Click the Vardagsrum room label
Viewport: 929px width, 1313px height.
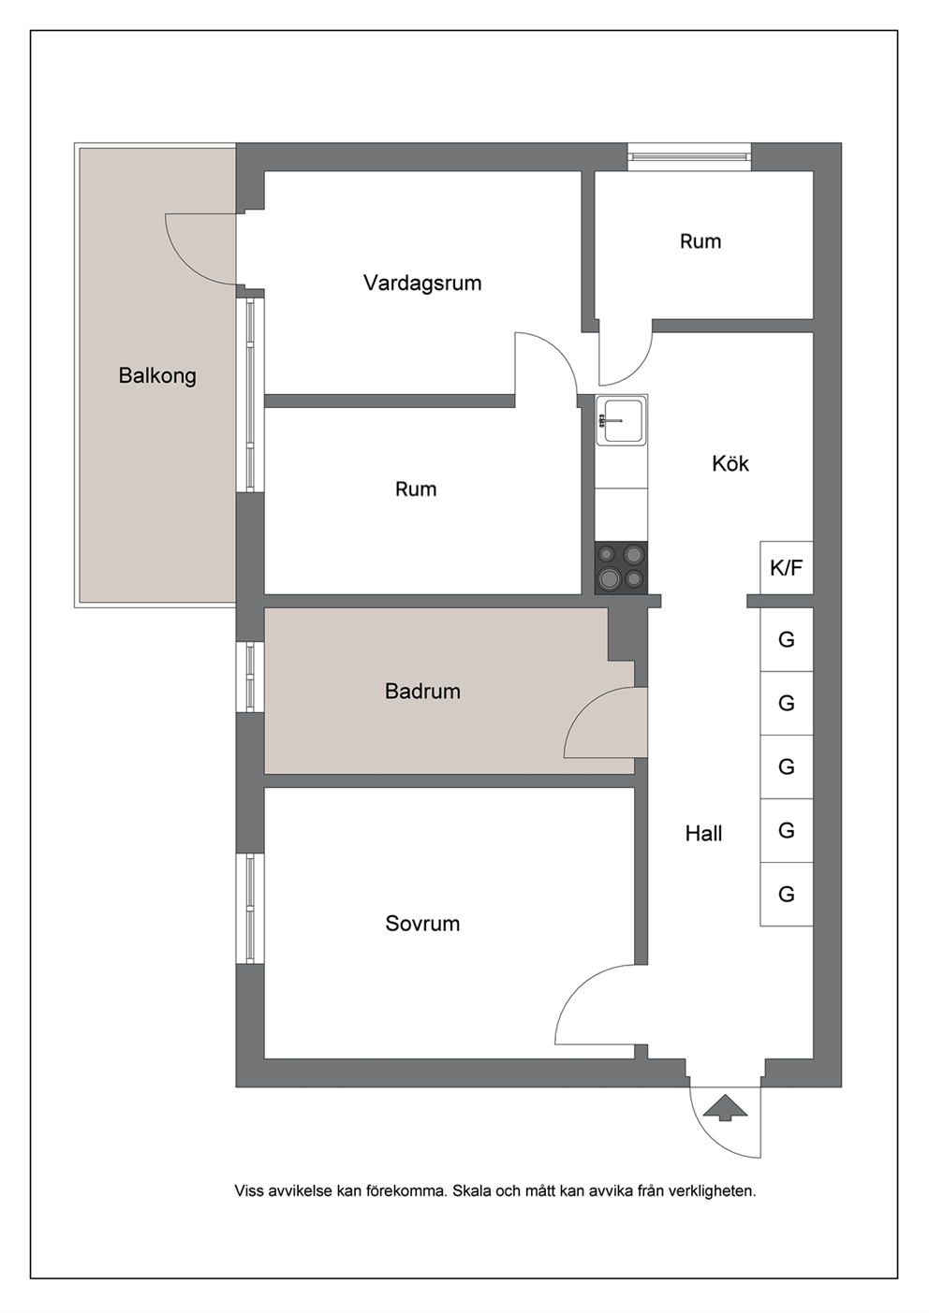[x=422, y=284]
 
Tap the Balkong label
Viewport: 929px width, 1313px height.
[x=157, y=375]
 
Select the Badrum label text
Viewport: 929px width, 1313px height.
[x=422, y=692]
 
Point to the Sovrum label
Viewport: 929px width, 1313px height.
[x=422, y=924]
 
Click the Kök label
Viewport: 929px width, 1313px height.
[x=730, y=463]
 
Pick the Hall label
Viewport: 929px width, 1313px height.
[x=704, y=834]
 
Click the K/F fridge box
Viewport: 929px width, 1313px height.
[x=787, y=567]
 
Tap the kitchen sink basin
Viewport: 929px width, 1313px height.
[x=622, y=420]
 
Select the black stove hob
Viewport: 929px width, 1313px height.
[x=621, y=568]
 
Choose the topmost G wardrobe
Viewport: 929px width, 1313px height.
[x=787, y=639]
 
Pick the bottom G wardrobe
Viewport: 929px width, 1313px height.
[x=787, y=895]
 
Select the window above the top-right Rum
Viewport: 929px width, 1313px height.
[x=689, y=157]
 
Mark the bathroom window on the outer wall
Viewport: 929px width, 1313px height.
[x=250, y=677]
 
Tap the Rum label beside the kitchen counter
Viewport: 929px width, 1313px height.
[x=416, y=489]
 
